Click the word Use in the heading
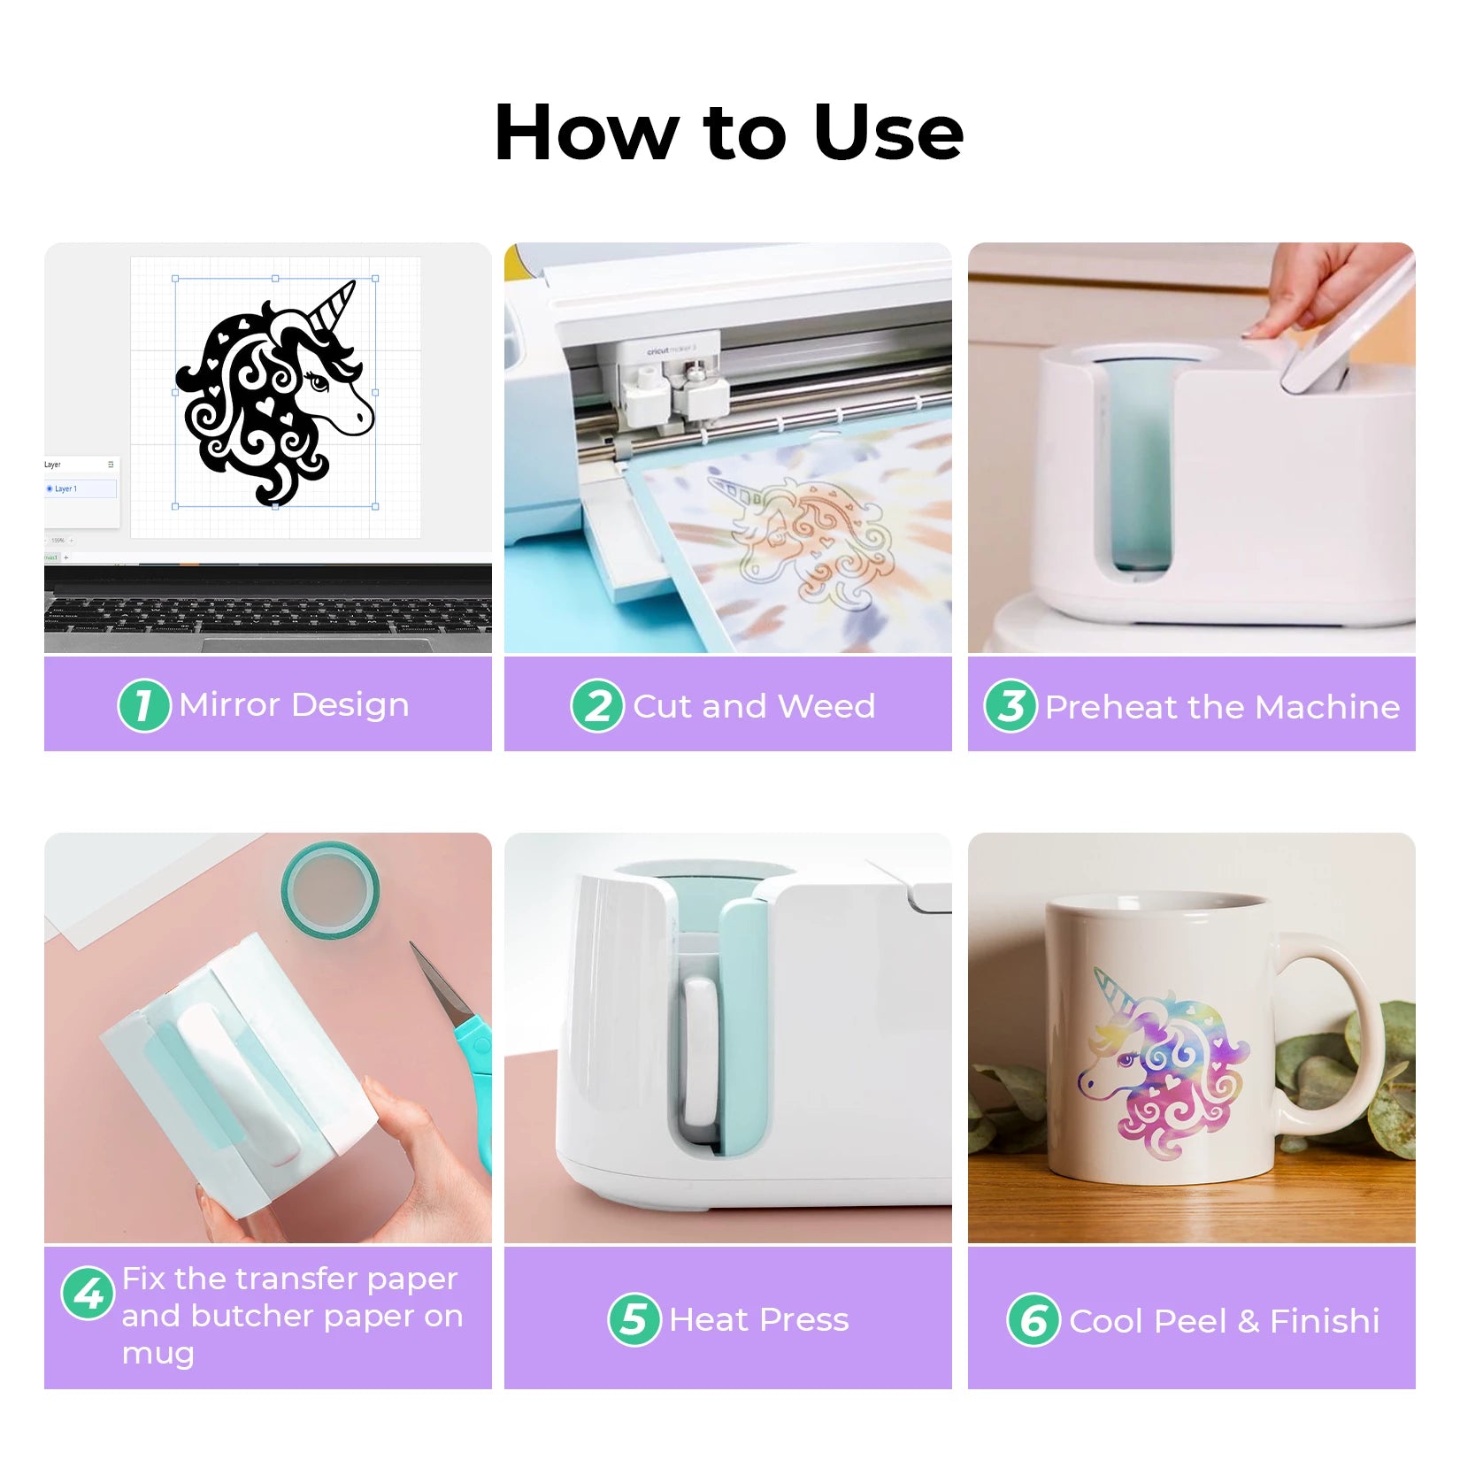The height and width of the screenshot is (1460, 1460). [888, 133]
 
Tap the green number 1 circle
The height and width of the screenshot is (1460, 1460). [143, 705]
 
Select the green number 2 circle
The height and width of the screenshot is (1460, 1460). [597, 705]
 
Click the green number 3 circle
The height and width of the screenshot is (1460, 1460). [1010, 705]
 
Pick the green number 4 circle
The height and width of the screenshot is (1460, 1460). [88, 1293]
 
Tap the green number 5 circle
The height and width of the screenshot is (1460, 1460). [634, 1319]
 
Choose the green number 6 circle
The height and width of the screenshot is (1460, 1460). [1034, 1319]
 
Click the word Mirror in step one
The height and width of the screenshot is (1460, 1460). [230, 704]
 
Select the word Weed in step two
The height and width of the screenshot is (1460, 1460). [826, 705]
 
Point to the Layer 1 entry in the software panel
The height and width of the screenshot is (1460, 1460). [81, 488]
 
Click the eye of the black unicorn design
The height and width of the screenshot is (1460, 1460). [317, 382]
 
